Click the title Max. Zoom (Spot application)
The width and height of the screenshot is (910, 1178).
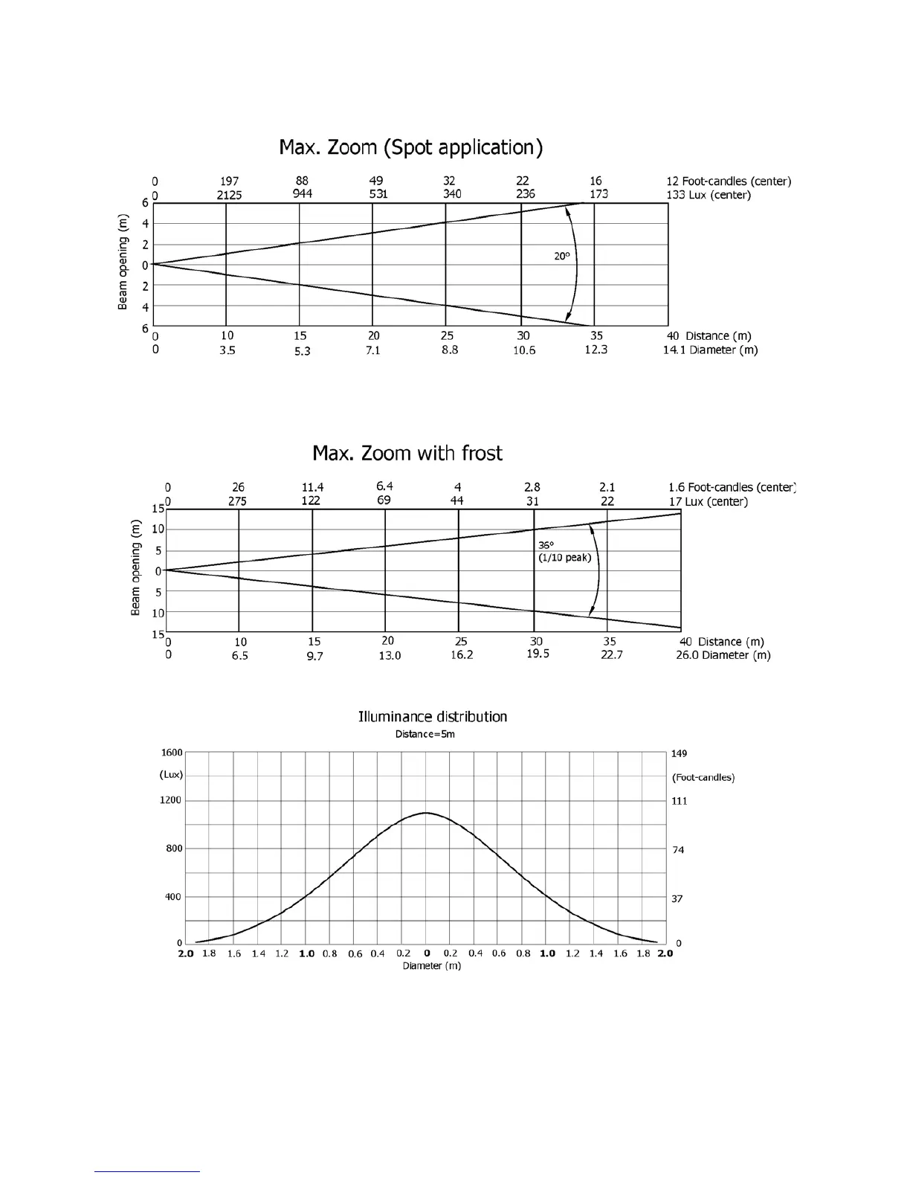click(x=410, y=147)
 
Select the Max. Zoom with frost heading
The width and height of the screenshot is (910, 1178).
click(x=407, y=453)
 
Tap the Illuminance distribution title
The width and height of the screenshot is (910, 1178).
click(x=433, y=717)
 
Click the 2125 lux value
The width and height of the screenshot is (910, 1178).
click(x=229, y=196)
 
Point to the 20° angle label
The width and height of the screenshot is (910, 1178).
click(x=562, y=256)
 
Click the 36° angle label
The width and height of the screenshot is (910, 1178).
click(x=546, y=545)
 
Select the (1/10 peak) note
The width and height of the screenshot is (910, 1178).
click(x=565, y=558)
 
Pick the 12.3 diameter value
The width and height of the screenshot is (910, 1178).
click(x=596, y=350)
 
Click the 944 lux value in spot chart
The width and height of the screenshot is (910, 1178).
click(x=302, y=194)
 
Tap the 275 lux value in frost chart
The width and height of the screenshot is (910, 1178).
click(x=237, y=501)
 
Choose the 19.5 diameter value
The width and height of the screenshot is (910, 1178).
click(x=538, y=654)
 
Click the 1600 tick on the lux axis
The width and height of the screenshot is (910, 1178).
click(x=172, y=753)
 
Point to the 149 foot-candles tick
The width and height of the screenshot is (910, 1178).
click(x=679, y=753)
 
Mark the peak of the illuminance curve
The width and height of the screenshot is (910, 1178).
click(x=426, y=813)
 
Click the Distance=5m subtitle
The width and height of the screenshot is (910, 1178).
click(x=425, y=734)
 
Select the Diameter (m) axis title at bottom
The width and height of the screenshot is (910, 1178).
click(x=431, y=966)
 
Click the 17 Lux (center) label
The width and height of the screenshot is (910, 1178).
click(x=708, y=502)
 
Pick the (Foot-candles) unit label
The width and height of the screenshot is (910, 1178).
click(x=703, y=777)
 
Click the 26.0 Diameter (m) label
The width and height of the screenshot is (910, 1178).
click(x=723, y=655)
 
